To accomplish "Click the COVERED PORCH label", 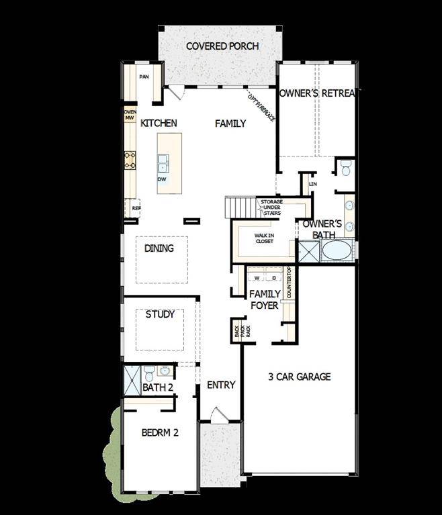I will coord(222,46).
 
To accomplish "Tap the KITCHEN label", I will coord(159,123).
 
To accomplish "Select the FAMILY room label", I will coord(230,124).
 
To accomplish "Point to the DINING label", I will coord(159,248).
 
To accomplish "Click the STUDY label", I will coord(160,314).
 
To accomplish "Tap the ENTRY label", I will coord(221,385).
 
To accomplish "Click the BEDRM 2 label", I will coord(160,433).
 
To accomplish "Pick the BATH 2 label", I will coord(158,388).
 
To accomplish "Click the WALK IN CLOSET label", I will coord(263,238).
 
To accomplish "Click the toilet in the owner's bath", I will coord(346,168).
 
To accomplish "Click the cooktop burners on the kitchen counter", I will coord(130,159).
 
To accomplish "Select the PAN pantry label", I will coord(144,77).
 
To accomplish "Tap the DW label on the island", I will coord(161,180).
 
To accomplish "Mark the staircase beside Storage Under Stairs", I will coord(240,207).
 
